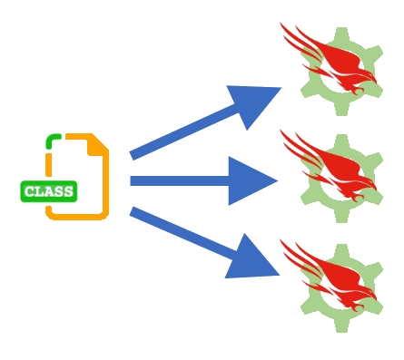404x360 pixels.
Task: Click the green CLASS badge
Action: [x=49, y=191]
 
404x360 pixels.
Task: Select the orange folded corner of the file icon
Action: [x=98, y=143]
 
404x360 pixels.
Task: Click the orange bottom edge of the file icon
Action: [x=82, y=216]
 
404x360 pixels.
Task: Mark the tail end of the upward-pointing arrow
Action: [x=134, y=155]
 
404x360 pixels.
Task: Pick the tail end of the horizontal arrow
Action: [x=133, y=180]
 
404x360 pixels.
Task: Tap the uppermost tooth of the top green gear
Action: [x=341, y=34]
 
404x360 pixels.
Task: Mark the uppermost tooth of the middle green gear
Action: [x=341, y=141]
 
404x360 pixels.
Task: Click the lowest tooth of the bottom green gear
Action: [x=341, y=326]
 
